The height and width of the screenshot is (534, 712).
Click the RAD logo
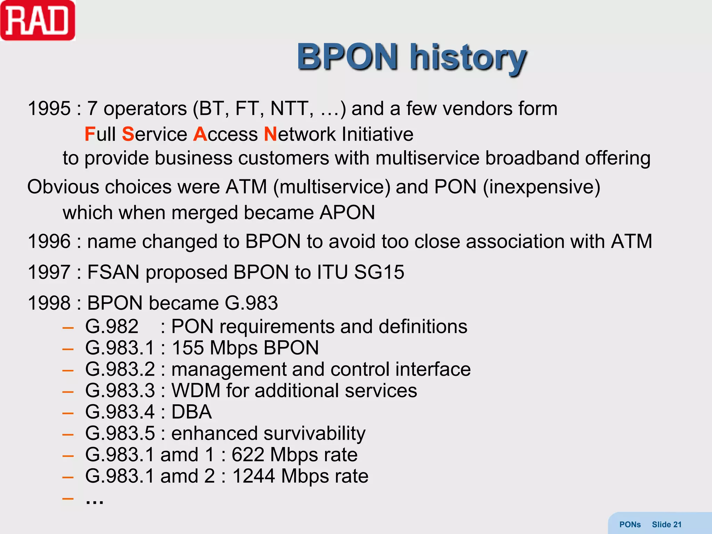(38, 21)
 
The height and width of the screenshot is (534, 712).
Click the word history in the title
(468, 57)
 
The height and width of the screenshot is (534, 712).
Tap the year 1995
(49, 108)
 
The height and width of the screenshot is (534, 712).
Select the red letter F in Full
(90, 134)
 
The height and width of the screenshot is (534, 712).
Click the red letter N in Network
(270, 134)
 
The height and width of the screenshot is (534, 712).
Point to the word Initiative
(378, 134)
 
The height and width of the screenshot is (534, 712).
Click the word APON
(347, 212)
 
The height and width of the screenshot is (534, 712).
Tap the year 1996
(49, 241)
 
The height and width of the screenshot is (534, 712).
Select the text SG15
(379, 272)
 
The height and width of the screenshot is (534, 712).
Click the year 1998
(49, 303)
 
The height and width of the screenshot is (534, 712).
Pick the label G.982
(112, 327)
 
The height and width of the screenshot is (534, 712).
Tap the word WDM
(196, 390)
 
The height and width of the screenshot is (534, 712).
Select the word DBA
(191, 412)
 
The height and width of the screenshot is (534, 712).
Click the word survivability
(314, 434)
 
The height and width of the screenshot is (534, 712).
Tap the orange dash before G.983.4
(68, 413)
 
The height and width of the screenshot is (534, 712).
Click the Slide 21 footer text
(666, 525)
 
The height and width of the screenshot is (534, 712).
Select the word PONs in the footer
(630, 525)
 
